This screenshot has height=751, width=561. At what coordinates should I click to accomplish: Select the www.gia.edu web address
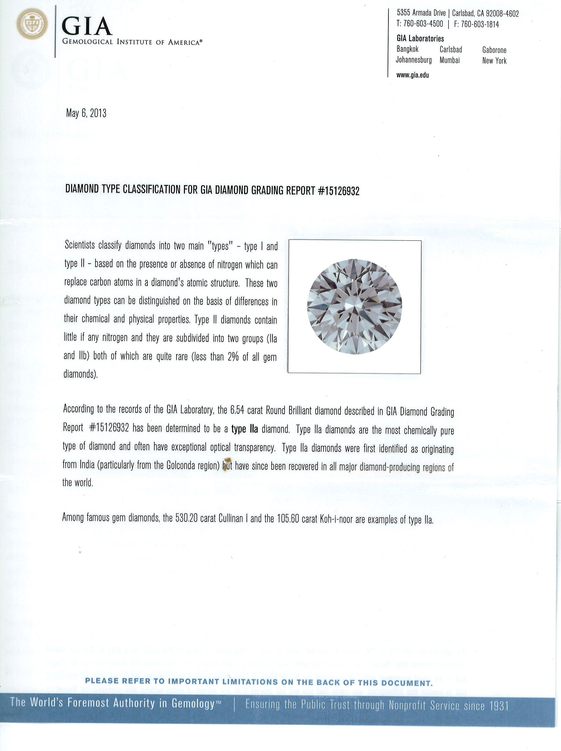click(x=412, y=75)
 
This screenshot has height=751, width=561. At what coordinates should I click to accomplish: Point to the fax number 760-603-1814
click(x=479, y=24)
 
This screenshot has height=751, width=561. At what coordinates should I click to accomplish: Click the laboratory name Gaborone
click(x=494, y=50)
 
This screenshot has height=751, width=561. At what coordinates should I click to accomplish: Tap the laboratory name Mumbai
click(x=449, y=60)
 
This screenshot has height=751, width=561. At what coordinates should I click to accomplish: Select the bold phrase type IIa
click(x=244, y=429)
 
